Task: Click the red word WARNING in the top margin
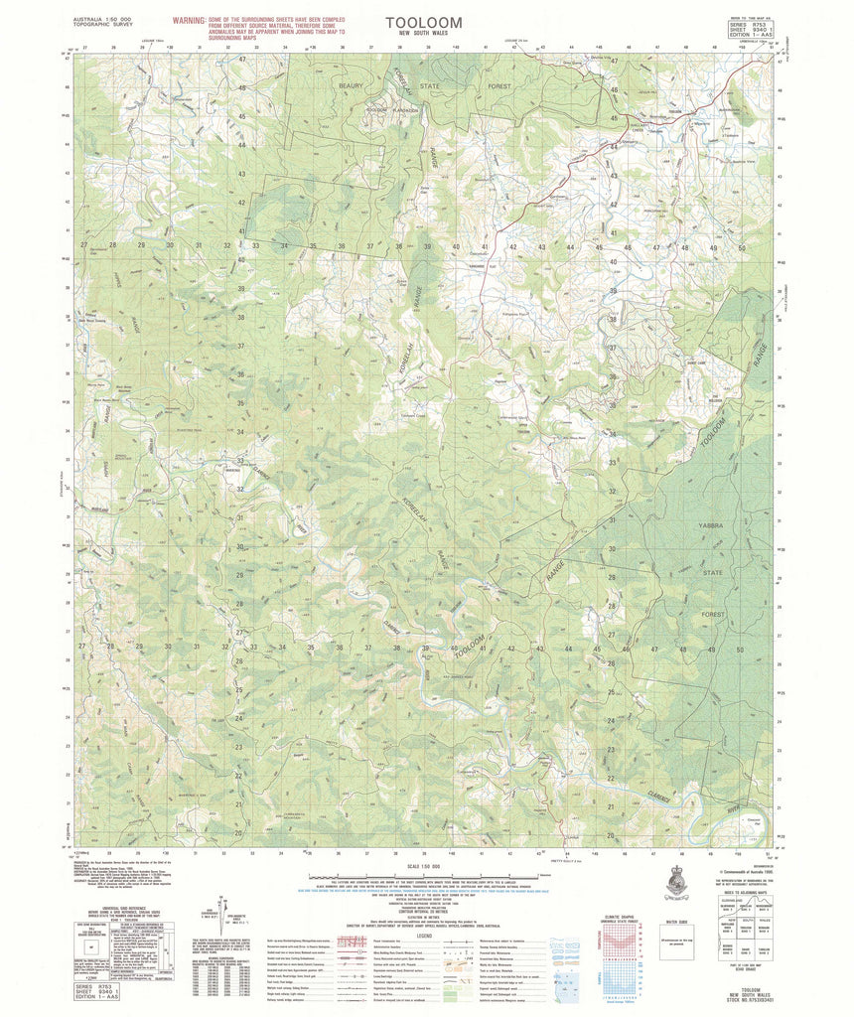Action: (x=189, y=20)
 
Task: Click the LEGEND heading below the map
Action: (x=425, y=935)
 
